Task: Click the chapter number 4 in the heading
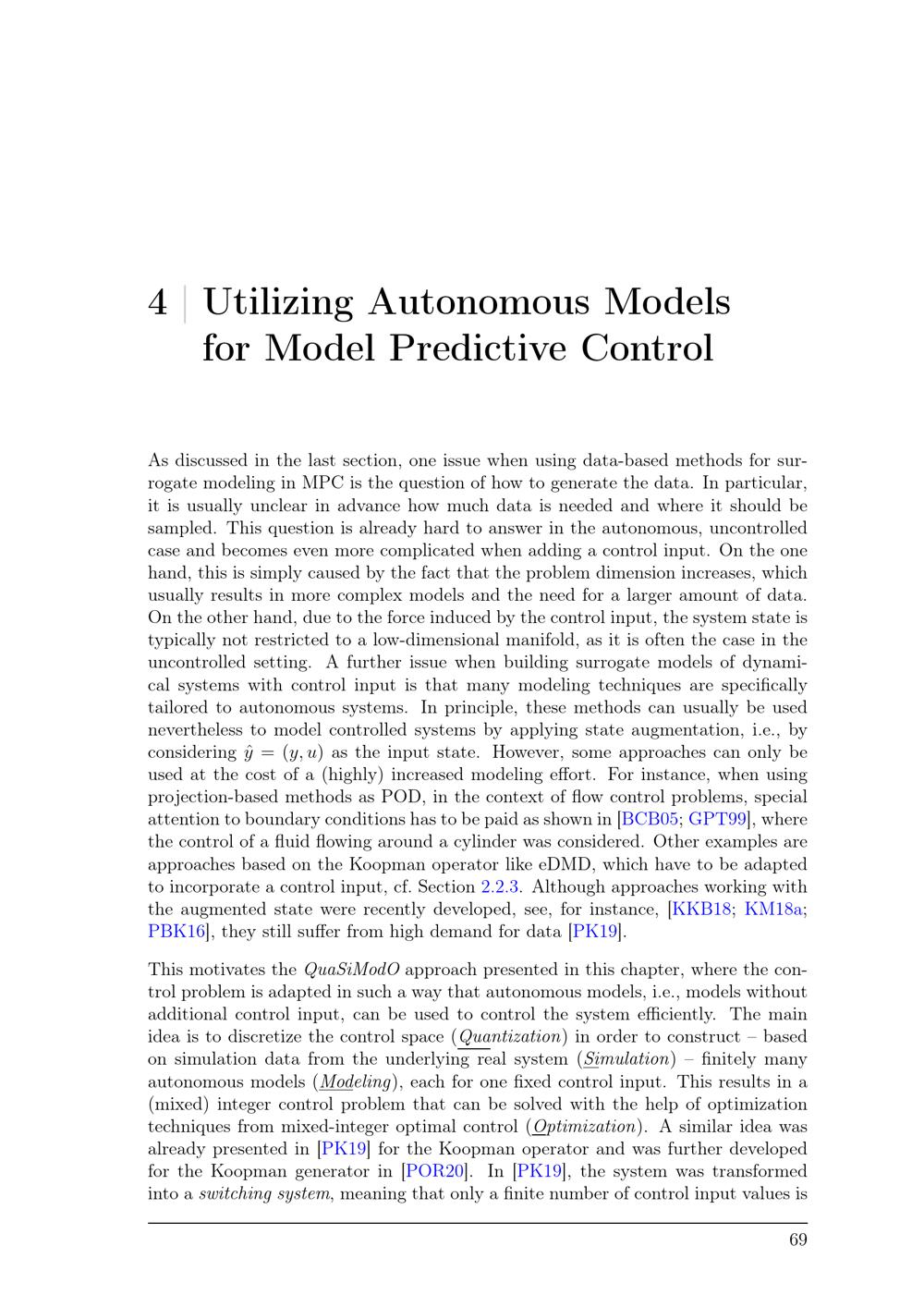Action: point(158,303)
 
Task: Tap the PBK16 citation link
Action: point(176,932)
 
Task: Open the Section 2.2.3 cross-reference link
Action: point(503,887)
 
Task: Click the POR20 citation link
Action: point(434,1172)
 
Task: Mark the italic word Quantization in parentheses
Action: point(510,1037)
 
